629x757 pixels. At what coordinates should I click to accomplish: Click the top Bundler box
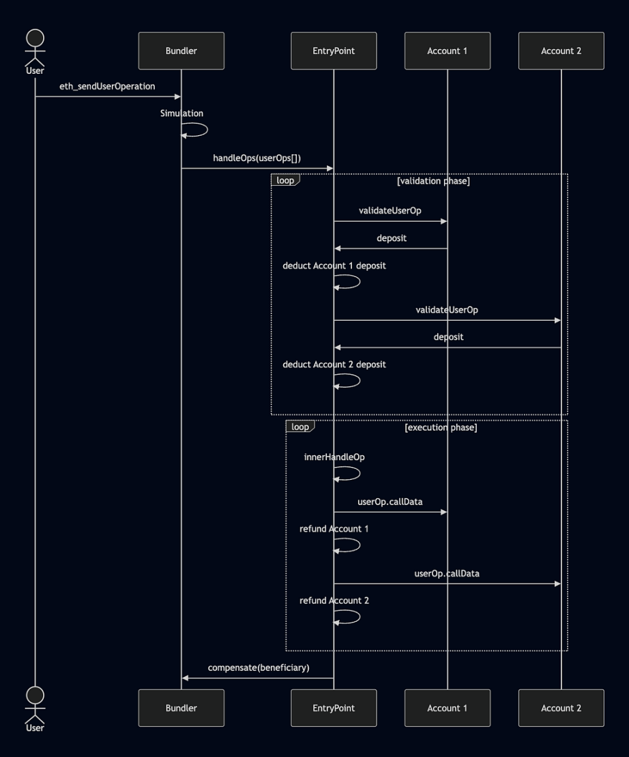[181, 51]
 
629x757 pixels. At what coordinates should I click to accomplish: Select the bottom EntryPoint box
[334, 708]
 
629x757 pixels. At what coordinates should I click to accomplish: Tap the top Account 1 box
[448, 51]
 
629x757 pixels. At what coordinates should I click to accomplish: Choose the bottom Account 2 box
[561, 708]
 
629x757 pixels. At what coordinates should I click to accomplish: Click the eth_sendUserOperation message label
[107, 87]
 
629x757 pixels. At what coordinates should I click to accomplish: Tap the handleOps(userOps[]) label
[257, 158]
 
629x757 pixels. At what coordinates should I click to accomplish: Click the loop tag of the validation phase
[285, 180]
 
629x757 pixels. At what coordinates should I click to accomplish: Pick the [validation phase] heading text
[433, 181]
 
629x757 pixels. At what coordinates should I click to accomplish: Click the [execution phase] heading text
[441, 427]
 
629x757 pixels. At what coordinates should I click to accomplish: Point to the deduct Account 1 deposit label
[334, 266]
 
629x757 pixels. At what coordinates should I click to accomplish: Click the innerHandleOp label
[334, 457]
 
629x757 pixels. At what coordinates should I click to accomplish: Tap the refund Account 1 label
[334, 528]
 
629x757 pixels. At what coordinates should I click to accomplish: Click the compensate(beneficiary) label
[259, 668]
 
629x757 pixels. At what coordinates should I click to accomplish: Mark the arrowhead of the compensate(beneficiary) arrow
[185, 678]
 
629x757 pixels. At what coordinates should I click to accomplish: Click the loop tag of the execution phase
[300, 427]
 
